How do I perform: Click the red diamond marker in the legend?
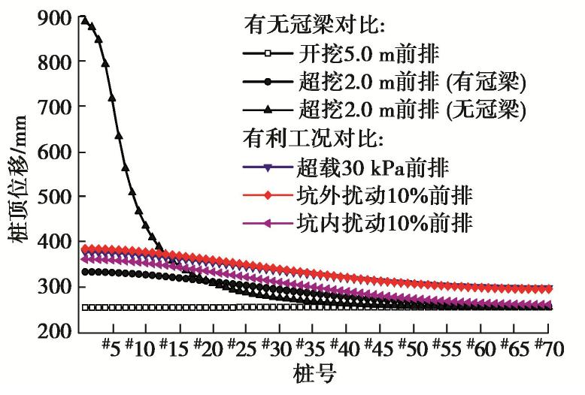pos(265,195)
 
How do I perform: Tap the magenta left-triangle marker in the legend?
pos(265,223)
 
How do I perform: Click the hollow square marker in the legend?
pos(265,54)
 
